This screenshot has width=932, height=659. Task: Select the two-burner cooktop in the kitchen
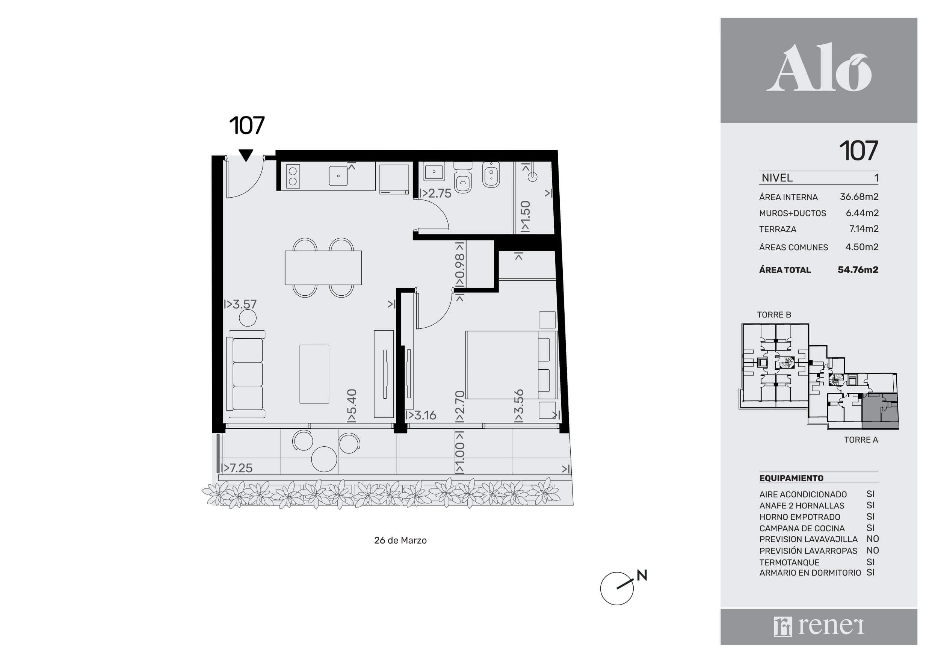[x=293, y=176]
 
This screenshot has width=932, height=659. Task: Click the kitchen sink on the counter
[x=338, y=176]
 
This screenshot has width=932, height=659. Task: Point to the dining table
[x=323, y=268]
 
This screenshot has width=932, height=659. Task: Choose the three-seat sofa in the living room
[x=246, y=374]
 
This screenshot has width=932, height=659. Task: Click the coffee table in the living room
[x=314, y=374]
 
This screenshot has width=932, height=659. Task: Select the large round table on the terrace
[x=324, y=459]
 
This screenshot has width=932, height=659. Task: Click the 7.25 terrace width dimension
[x=237, y=468]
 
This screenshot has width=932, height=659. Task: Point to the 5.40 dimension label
[x=352, y=406]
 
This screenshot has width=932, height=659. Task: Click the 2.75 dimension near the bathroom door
[x=435, y=193]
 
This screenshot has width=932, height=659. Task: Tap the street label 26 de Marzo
[x=400, y=540]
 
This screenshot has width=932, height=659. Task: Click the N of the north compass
[x=642, y=575]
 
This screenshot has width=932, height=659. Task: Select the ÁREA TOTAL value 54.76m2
[x=858, y=270]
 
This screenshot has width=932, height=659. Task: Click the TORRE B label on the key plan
[x=774, y=315]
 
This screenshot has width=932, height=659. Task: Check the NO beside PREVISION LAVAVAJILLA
[x=872, y=539]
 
